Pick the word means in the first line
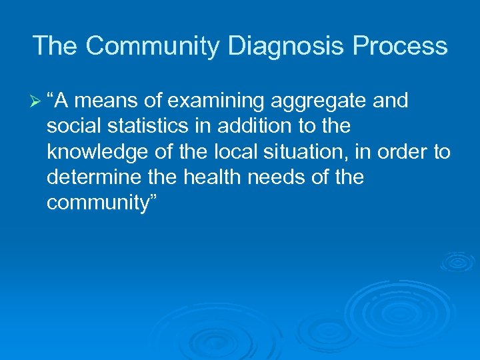pyautogui.click(x=113, y=101)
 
